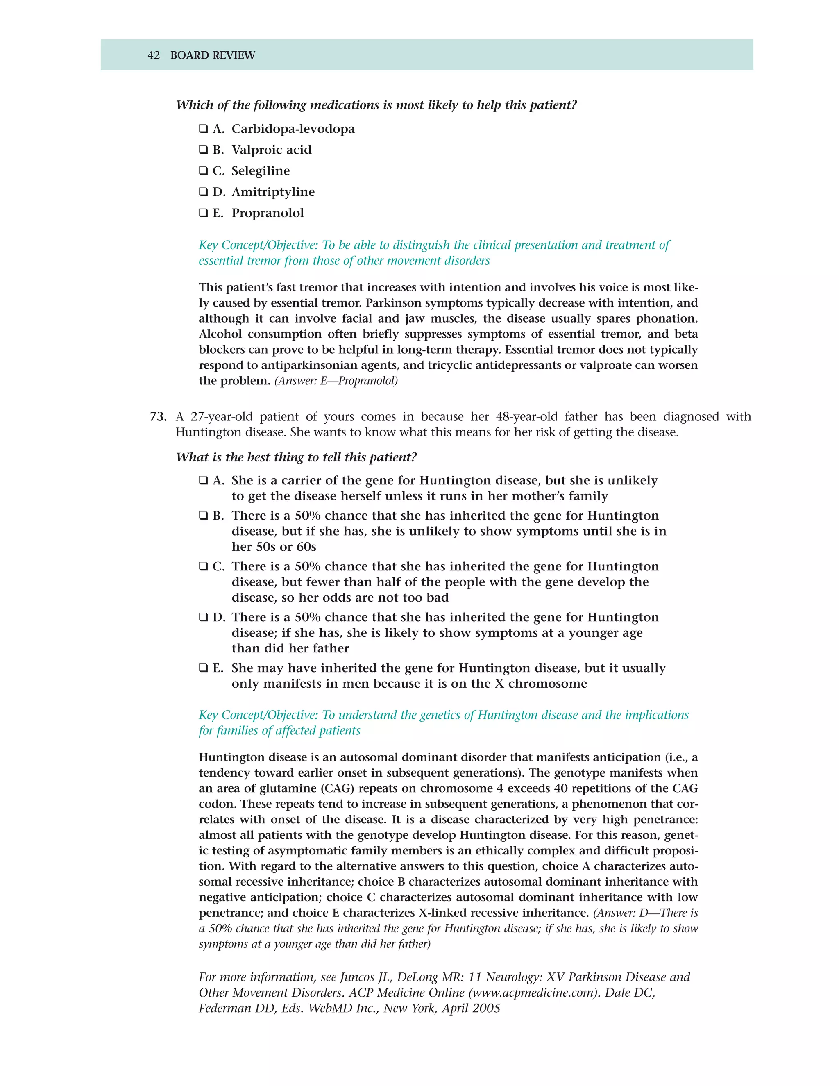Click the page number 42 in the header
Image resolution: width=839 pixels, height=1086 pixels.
tap(154, 55)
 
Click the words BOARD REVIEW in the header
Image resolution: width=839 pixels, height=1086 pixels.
tap(212, 55)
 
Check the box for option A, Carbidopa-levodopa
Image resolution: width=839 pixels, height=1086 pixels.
tap(203, 129)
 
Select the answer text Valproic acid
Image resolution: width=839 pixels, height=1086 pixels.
tap(271, 150)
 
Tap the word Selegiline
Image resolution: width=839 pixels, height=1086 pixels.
tap(261, 171)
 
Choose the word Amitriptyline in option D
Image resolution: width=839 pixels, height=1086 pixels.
tap(273, 192)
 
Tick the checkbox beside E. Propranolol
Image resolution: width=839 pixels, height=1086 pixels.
tap(203, 213)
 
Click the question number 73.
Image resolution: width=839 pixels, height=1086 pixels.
tap(158, 417)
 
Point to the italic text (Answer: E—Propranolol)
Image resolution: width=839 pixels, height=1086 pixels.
tap(336, 381)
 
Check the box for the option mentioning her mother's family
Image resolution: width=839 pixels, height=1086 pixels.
tap(203, 480)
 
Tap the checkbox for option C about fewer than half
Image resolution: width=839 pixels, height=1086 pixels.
tap(203, 566)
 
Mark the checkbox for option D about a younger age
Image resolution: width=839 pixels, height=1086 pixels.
tap(203, 617)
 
